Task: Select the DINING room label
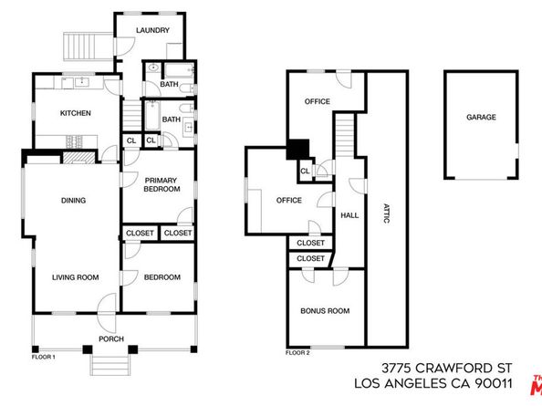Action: [x=73, y=201]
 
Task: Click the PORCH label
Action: [x=111, y=327]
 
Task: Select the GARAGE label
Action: [x=480, y=118]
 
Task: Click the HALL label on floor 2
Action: [x=349, y=216]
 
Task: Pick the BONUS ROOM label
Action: [x=326, y=311]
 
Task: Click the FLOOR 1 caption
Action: [x=42, y=357]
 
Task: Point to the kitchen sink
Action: [x=80, y=82]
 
